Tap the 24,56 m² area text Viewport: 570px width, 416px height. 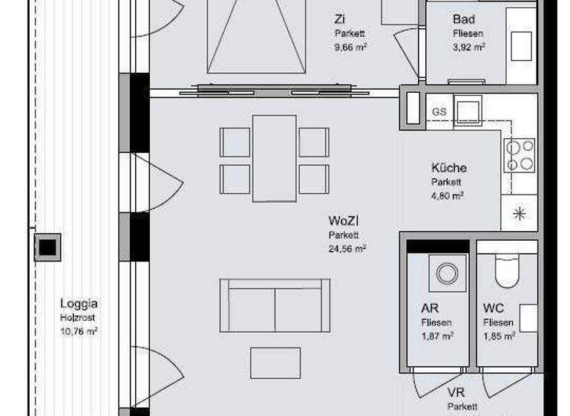click(x=347, y=249)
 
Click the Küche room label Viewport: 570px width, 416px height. click(x=449, y=168)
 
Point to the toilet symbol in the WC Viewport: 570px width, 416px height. click(x=509, y=271)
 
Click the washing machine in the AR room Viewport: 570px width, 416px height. click(x=447, y=273)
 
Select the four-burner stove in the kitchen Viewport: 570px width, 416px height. click(x=519, y=155)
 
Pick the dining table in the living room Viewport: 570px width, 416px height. click(x=274, y=158)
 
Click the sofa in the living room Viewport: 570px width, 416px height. click(x=275, y=305)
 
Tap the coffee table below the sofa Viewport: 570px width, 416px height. click(x=275, y=363)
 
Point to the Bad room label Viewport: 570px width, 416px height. click(x=464, y=19)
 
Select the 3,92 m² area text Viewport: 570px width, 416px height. click(x=469, y=46)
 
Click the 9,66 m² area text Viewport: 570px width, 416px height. click(x=351, y=46)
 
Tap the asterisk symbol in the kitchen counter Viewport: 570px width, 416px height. click(x=519, y=214)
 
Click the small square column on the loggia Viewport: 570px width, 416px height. click(x=47, y=247)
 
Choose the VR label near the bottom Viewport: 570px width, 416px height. click(x=456, y=392)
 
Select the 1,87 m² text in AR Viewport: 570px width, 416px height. click(x=438, y=336)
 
